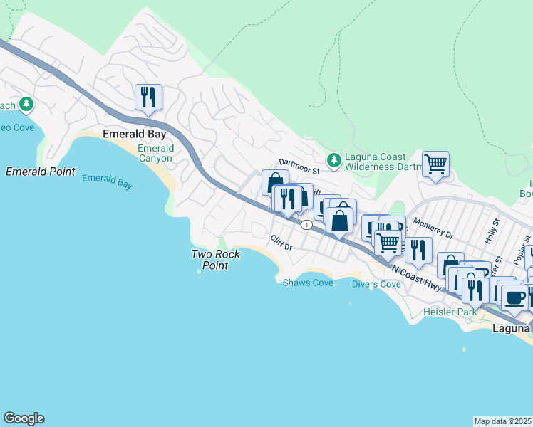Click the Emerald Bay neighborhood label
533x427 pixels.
pos(135,134)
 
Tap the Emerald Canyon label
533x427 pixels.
pos(155,153)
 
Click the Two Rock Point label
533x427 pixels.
pos(215,260)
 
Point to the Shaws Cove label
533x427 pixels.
pos(308,283)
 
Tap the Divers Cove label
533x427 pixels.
pos(376,284)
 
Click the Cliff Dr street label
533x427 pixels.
pos(281,243)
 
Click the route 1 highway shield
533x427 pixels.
pos(306,225)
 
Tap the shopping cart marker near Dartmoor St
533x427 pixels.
pos(435,164)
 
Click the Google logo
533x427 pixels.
pos(24,418)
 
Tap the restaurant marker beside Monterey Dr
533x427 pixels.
pos(418,250)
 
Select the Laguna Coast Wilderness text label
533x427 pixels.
pos(376,162)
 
